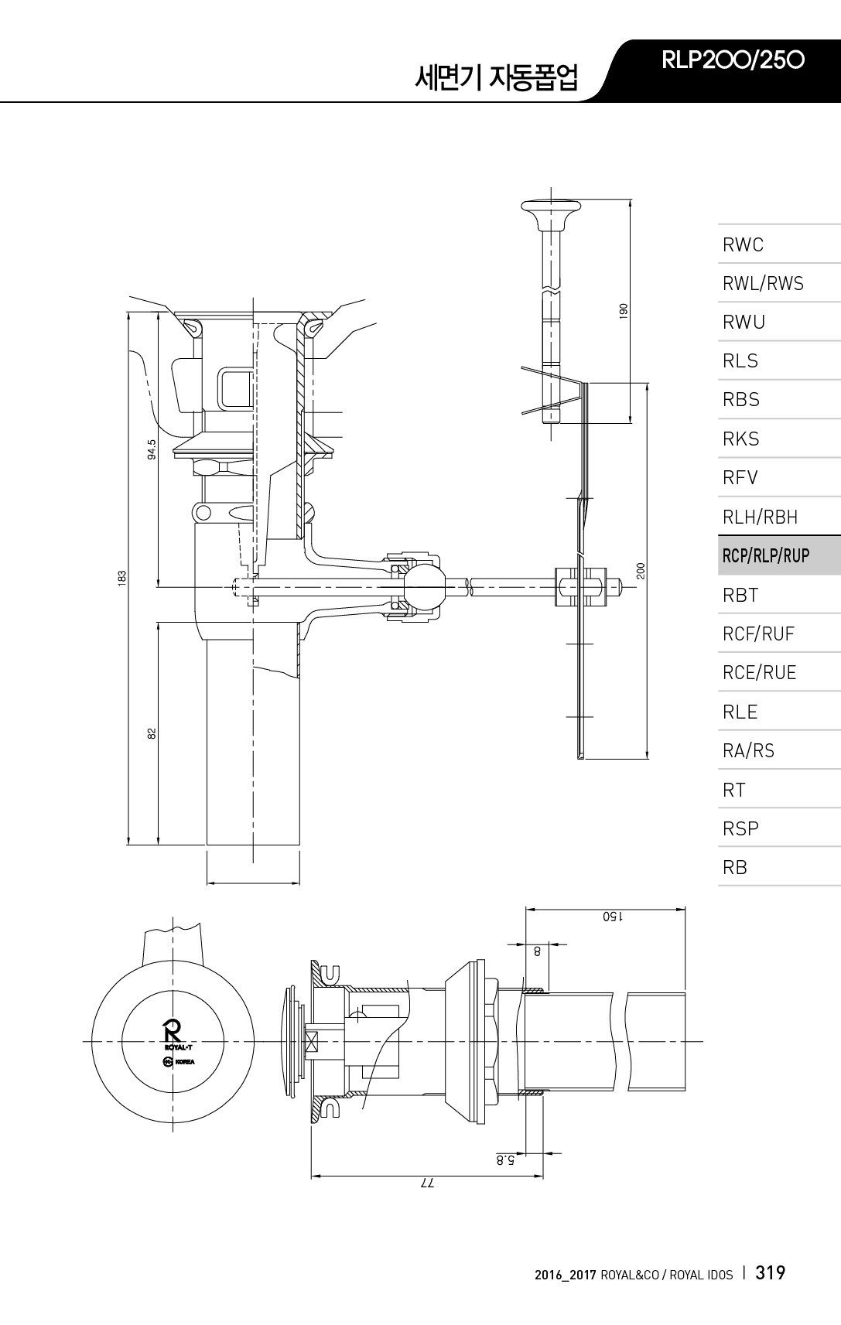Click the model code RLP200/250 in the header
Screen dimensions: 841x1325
(733, 60)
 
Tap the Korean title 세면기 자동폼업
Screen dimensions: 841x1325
(496, 77)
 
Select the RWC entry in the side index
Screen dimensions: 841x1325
(743, 244)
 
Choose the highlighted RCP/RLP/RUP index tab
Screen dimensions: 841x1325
(766, 555)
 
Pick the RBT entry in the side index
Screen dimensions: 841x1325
(740, 595)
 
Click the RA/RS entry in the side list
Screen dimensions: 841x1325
(748, 750)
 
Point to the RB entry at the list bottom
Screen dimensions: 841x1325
(734, 867)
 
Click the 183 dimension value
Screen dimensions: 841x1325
(121, 578)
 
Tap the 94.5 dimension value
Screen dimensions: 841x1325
(152, 449)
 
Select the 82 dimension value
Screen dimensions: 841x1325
(152, 733)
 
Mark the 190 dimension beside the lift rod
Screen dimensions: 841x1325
(623, 311)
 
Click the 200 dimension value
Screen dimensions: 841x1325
(641, 570)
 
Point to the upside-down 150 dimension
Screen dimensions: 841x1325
(612, 917)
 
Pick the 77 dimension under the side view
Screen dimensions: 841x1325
(427, 1183)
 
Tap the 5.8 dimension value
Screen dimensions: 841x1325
(505, 1160)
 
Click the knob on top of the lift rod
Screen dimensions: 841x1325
(551, 213)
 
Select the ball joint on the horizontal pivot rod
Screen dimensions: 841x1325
(424, 586)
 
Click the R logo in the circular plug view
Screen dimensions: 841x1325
(173, 1032)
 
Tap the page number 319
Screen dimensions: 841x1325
(770, 1272)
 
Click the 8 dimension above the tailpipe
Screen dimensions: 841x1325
(537, 951)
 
